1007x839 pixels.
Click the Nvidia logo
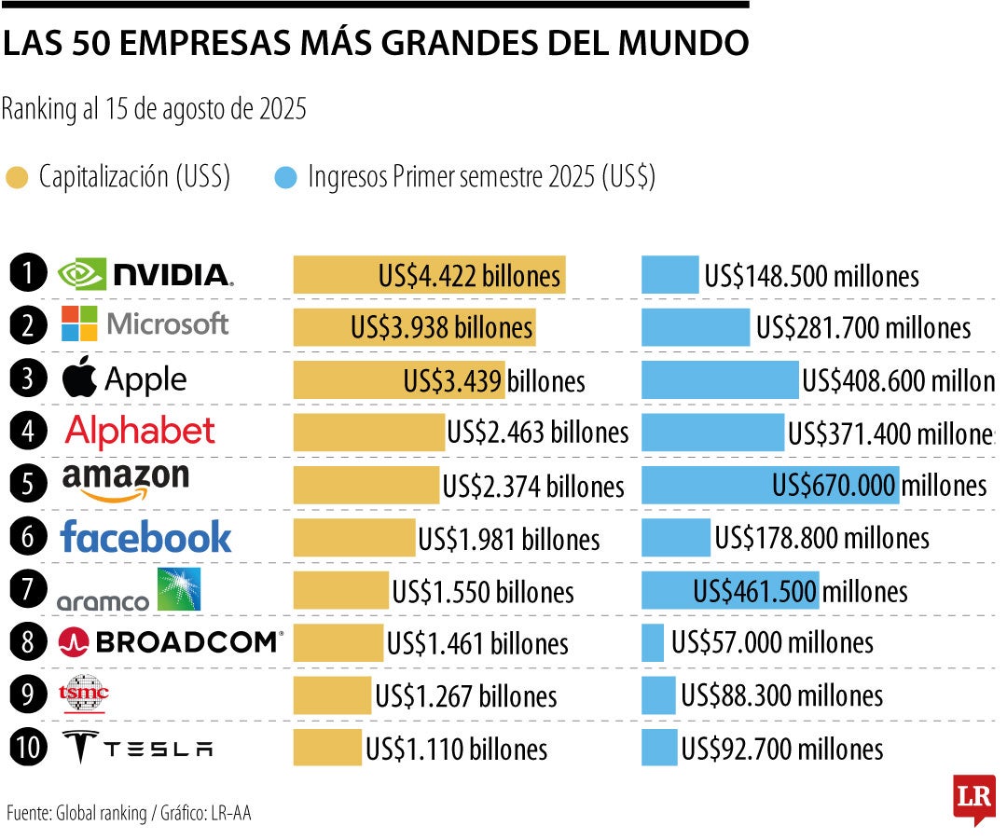pyautogui.click(x=145, y=274)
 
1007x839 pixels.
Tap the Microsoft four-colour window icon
pyautogui.click(x=79, y=323)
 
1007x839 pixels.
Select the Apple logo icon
pyautogui.click(x=80, y=378)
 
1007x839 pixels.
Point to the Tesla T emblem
pyautogui.click(x=81, y=748)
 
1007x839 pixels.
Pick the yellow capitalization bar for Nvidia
pyautogui.click(x=429, y=275)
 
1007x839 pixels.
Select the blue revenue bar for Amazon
pyautogui.click(x=770, y=485)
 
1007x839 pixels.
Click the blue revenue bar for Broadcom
pyautogui.click(x=653, y=642)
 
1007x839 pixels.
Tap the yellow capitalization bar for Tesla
pyautogui.click(x=327, y=748)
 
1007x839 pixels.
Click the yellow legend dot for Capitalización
pyautogui.click(x=17, y=177)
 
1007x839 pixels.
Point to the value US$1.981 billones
pyautogui.click(x=509, y=539)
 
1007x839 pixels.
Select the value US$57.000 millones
pyautogui.click(x=772, y=642)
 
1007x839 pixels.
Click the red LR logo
pyautogui.click(x=974, y=798)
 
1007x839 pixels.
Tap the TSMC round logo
pyautogui.click(x=84, y=693)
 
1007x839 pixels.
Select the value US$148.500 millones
pyautogui.click(x=811, y=276)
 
